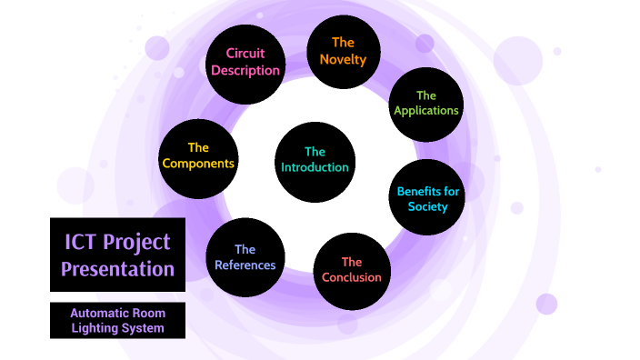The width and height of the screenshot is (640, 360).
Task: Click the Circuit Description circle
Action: coord(245,64)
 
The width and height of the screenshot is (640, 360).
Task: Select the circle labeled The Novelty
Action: coord(344,52)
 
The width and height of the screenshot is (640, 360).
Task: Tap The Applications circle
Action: coord(425,105)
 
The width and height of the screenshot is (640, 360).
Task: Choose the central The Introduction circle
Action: coord(315,162)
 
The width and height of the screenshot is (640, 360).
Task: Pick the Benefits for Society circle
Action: coord(426,197)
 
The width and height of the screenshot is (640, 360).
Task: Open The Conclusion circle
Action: coord(352,271)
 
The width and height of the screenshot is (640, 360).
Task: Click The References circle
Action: coord(245,257)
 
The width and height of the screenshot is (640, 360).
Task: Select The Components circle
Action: coord(198,159)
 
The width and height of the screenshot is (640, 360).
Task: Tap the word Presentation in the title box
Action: coord(117,269)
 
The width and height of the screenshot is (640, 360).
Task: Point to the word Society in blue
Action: coord(428,207)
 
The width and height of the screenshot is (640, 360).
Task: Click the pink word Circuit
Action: coord(245,53)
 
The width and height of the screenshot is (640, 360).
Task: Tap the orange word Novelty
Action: coord(343,60)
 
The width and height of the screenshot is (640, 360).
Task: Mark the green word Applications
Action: coord(426,111)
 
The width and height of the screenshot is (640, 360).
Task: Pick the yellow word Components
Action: coord(198,164)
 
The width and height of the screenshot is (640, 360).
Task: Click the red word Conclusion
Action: coord(352,277)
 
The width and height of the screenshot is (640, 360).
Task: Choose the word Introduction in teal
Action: coord(315,167)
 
